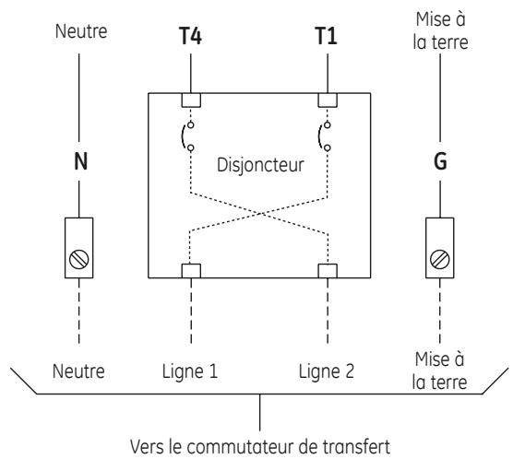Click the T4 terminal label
(x=190, y=36)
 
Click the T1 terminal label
(x=326, y=36)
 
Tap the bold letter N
(x=81, y=161)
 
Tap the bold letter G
(x=440, y=161)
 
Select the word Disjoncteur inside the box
(x=260, y=165)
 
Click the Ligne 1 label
(x=190, y=371)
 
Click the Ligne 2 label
(x=327, y=371)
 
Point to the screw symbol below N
(x=78, y=260)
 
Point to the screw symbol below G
(x=440, y=260)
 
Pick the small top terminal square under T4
(x=191, y=100)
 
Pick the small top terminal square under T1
(x=328, y=100)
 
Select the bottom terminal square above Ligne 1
(x=191, y=271)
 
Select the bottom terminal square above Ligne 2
(x=328, y=271)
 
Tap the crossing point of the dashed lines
(x=260, y=214)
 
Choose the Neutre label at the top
(x=81, y=31)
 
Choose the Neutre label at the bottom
(x=78, y=371)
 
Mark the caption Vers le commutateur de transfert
(x=260, y=447)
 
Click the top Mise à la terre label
(x=440, y=31)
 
